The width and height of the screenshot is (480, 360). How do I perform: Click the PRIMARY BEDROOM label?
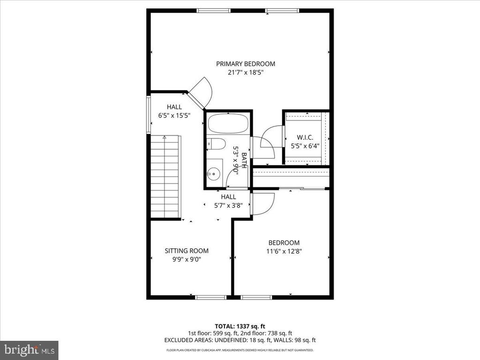click(245, 64)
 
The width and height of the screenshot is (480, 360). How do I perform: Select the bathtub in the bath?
click(228, 124)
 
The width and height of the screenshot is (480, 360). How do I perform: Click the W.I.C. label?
click(305, 138)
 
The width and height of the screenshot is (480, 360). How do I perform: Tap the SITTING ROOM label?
click(187, 251)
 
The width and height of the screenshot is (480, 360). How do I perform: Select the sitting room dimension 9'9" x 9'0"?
click(187, 259)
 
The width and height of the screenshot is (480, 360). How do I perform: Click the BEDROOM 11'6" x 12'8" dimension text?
click(284, 251)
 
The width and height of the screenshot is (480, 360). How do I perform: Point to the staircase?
click(165, 177)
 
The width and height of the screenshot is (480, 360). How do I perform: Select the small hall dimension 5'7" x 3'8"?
click(228, 205)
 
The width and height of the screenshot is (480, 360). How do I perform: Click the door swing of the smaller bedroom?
click(262, 203)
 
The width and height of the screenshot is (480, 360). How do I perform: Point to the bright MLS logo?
click(29, 350)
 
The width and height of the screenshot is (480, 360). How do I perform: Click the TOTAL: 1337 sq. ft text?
click(240, 326)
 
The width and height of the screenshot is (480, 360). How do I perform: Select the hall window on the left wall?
click(149, 114)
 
